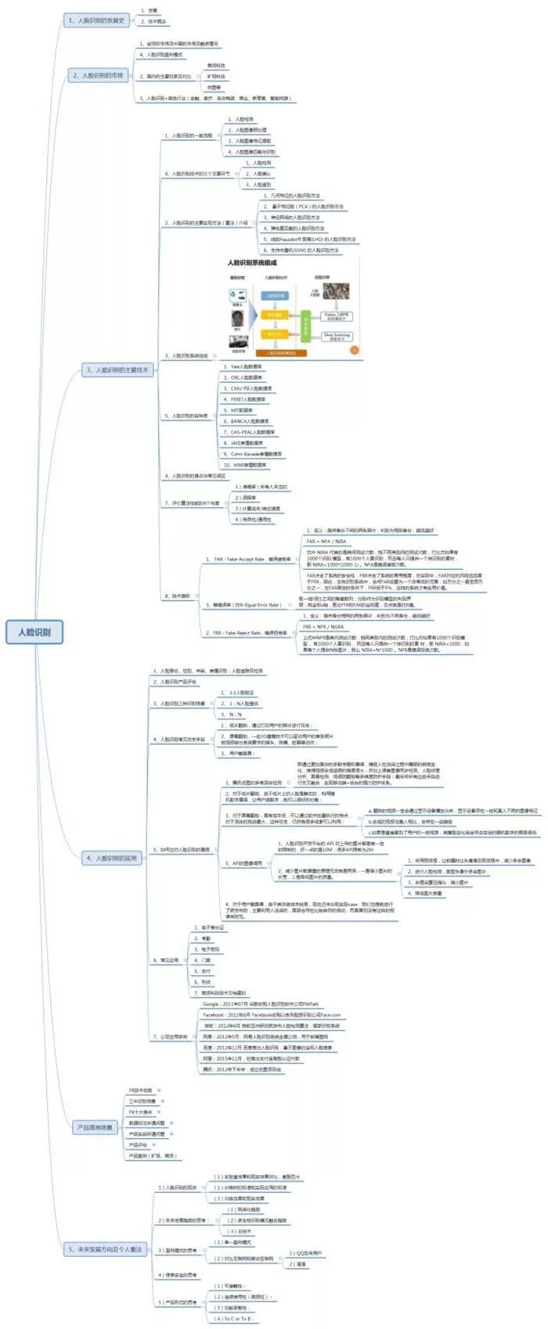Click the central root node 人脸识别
[34, 632]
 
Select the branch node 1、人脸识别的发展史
[97, 20]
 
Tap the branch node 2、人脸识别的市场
[98, 75]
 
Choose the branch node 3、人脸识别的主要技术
[117, 369]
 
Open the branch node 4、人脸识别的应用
[111, 858]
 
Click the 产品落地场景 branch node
[95, 1127]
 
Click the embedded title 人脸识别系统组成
[252, 264]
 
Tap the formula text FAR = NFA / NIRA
[326, 541]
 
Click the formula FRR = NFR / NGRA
[323, 626]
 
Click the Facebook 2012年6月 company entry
[271, 1015]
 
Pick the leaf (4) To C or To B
[232, 1319]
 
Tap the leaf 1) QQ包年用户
[305, 1253]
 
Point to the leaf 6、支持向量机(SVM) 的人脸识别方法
[301, 250]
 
